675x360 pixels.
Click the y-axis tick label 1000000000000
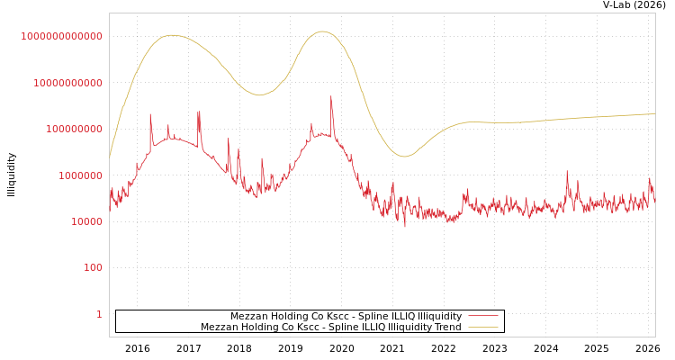tap(61, 36)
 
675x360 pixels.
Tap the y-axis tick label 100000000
tap(74, 130)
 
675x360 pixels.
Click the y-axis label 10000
tap(85, 221)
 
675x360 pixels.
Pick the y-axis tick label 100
tap(94, 268)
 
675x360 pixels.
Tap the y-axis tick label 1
tap(99, 314)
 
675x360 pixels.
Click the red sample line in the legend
tap(483, 317)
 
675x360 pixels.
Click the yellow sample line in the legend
tap(483, 328)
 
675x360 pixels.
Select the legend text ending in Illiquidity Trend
tap(330, 328)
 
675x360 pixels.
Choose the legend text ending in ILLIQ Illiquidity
tap(346, 317)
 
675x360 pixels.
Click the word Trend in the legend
tap(447, 328)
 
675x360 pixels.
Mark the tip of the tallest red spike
tap(331, 96)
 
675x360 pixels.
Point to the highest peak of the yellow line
tap(323, 31)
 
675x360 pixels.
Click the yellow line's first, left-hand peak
tap(171, 35)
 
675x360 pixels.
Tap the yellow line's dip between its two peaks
tap(259, 94)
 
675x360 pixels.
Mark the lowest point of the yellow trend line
tap(404, 157)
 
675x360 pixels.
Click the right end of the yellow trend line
tap(654, 114)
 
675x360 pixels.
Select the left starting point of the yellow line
tap(110, 157)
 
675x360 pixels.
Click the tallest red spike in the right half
tap(567, 171)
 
